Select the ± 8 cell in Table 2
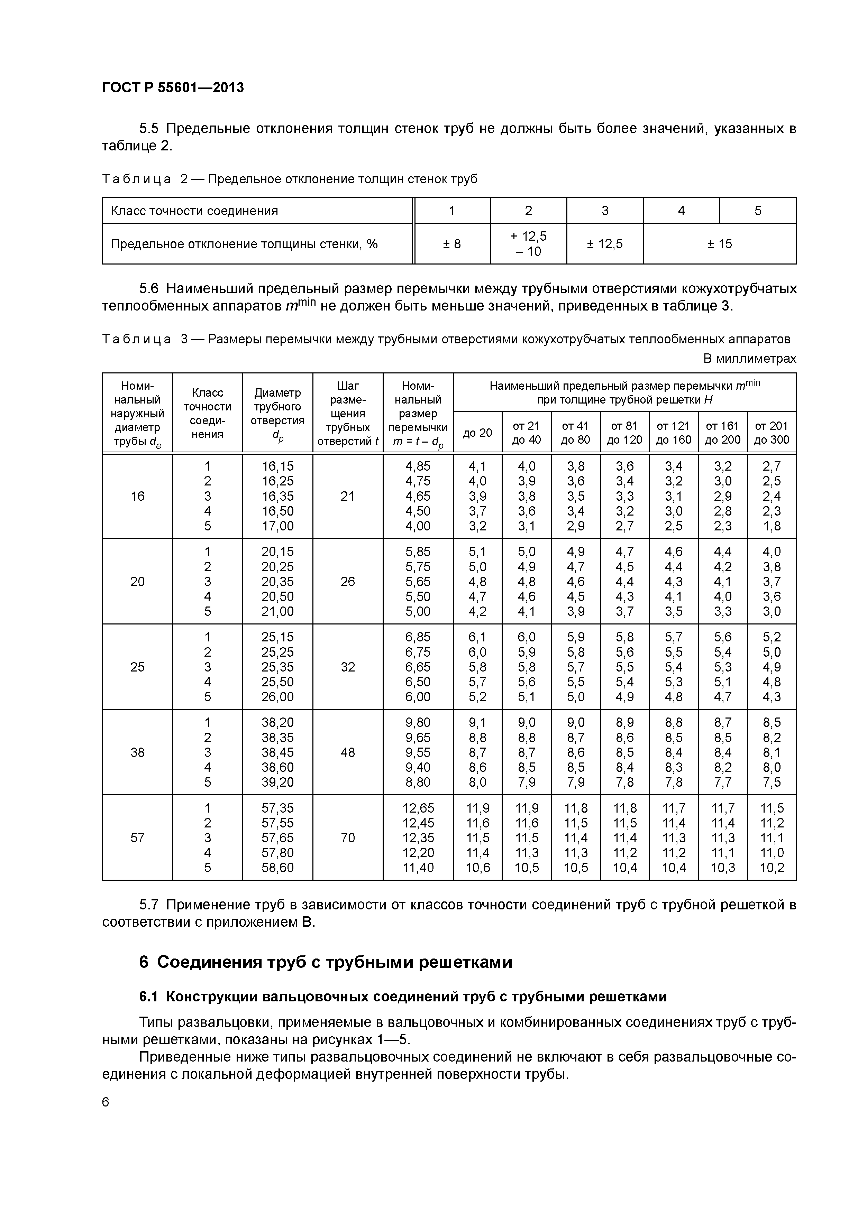tap(452, 243)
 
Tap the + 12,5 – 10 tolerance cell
tap(528, 243)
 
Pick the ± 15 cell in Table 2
tap(720, 243)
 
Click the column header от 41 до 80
tap(575, 433)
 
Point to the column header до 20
tap(477, 433)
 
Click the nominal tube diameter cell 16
tap(137, 496)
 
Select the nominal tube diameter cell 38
tap(137, 752)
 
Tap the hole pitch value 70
tap(347, 838)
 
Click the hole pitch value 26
tap(347, 582)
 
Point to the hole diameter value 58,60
tap(277, 868)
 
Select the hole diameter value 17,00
tap(277, 526)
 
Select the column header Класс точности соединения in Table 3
tap(207, 413)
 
